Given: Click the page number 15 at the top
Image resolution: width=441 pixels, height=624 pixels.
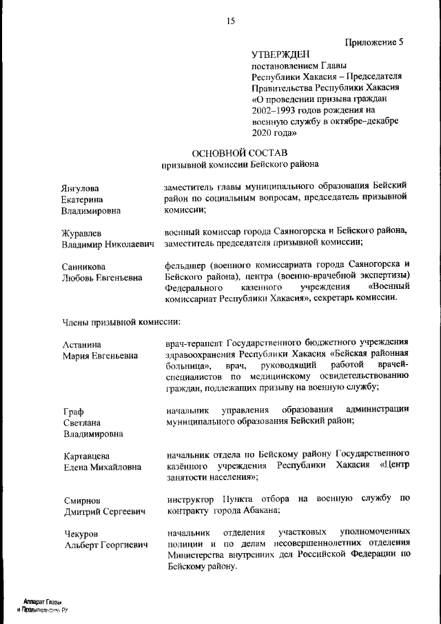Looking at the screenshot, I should tap(231, 21).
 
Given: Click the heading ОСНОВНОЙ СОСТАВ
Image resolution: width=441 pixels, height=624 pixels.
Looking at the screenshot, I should tap(239, 152).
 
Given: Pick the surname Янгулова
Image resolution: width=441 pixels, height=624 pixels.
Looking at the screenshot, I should tap(79, 188).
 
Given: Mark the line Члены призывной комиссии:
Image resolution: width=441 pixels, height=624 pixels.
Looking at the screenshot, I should tap(122, 321).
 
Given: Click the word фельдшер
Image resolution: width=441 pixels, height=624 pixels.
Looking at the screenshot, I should tap(187, 264).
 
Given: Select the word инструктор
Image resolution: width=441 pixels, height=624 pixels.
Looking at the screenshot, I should tap(191, 498).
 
